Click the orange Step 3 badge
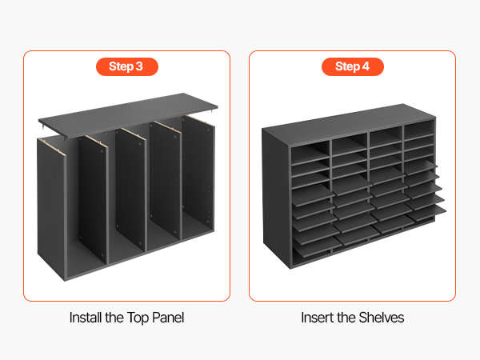[127, 66]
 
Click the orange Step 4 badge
[353, 66]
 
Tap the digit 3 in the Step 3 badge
[139, 66]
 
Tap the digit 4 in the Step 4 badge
[366, 66]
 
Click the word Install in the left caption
[86, 318]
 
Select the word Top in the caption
[138, 318]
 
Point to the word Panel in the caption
[168, 318]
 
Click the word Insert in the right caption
[317, 318]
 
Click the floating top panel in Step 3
[128, 114]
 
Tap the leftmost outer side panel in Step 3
[51, 208]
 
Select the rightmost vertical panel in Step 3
[198, 178]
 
